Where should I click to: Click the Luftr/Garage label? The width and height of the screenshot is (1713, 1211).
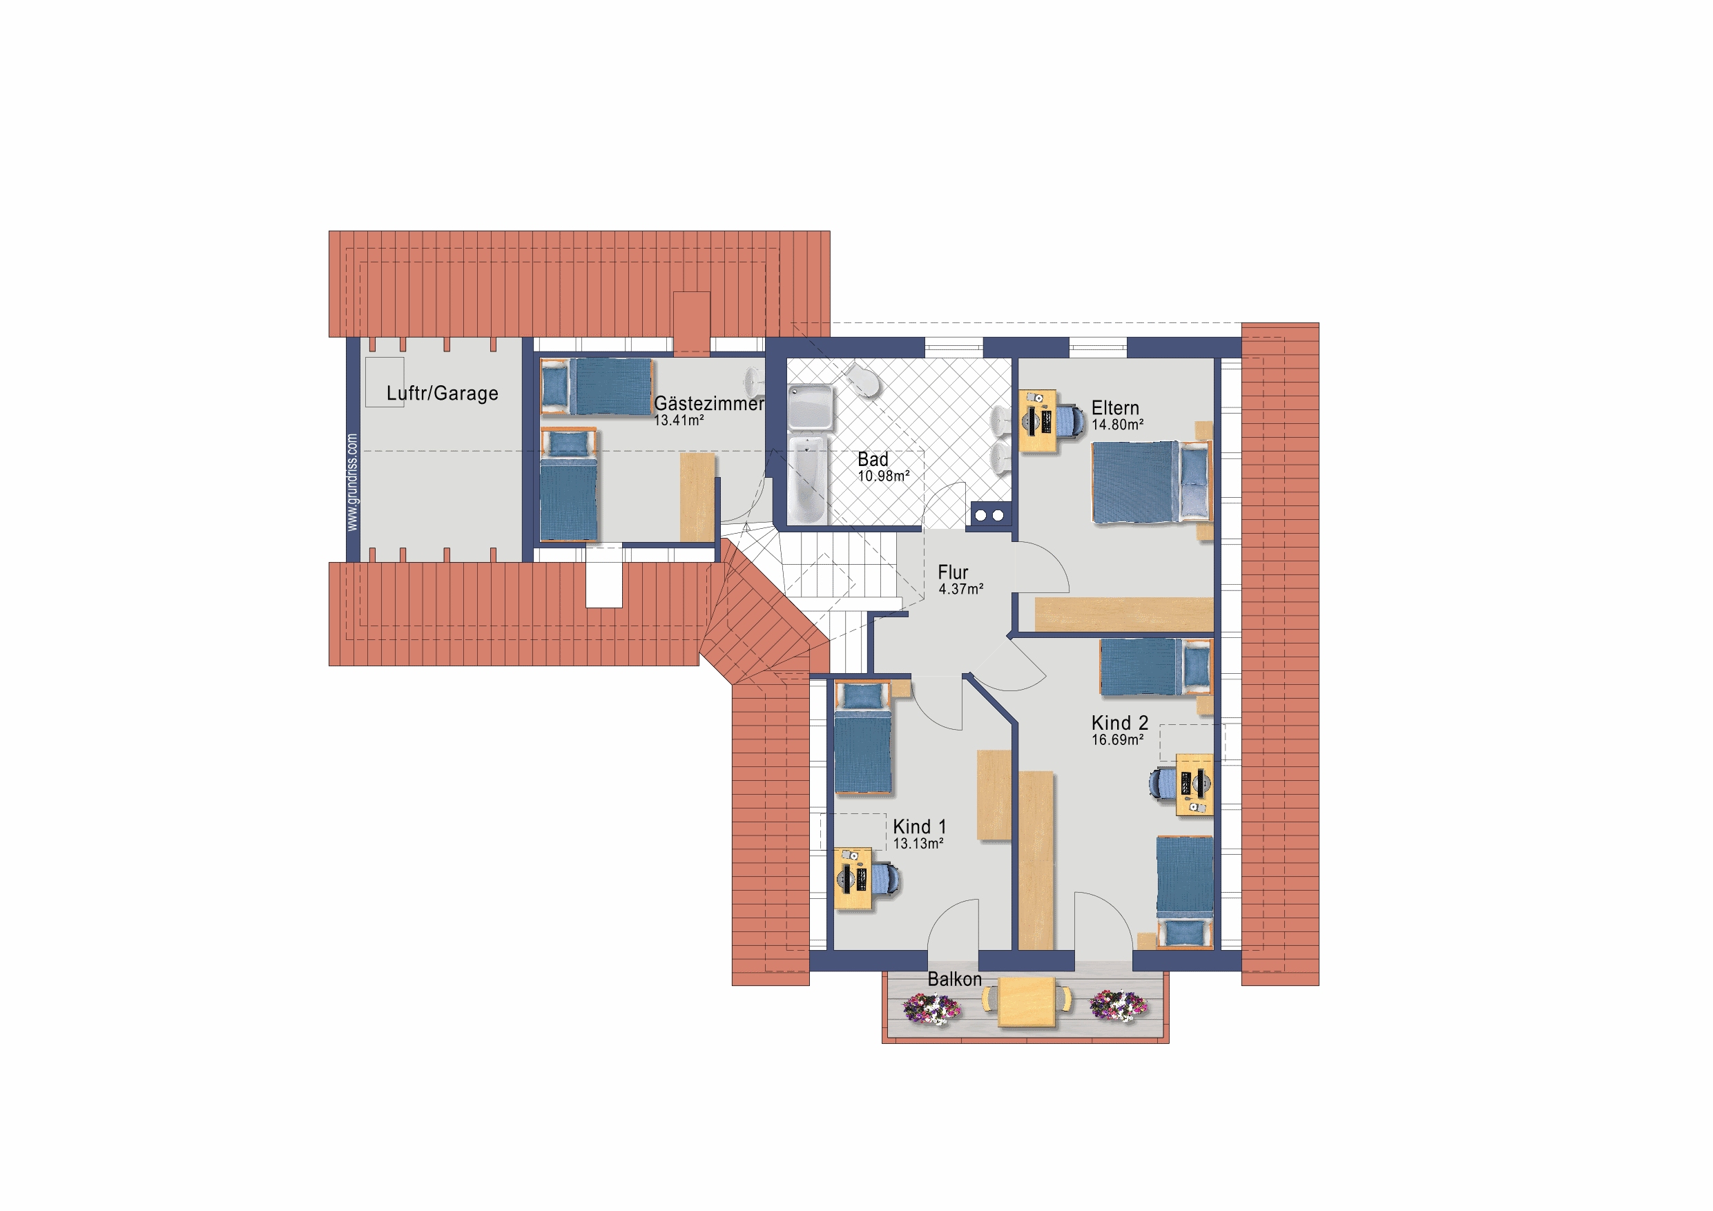click(442, 394)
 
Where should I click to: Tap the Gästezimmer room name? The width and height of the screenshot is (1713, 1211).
click(709, 404)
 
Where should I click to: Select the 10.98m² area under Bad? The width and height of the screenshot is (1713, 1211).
click(883, 476)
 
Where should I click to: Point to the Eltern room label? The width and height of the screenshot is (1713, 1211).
click(1115, 408)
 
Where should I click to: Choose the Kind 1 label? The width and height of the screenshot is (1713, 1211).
click(919, 826)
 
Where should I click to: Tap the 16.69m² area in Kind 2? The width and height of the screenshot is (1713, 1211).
click(1118, 740)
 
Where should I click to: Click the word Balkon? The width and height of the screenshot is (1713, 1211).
click(954, 979)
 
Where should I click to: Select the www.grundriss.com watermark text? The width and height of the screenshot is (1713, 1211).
click(352, 483)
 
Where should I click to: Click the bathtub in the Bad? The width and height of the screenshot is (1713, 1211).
click(806, 480)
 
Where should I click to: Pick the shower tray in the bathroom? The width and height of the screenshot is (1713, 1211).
click(811, 407)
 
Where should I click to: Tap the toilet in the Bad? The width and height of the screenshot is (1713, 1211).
click(864, 380)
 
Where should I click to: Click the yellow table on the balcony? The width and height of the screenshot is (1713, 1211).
click(1027, 1001)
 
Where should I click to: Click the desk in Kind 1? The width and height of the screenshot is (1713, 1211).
click(852, 879)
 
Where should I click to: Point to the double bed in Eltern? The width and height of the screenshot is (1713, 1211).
click(1152, 482)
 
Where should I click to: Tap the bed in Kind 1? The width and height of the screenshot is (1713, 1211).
click(863, 738)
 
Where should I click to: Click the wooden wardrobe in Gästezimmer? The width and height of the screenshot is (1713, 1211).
click(697, 498)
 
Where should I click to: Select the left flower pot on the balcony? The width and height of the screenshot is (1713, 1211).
click(932, 1008)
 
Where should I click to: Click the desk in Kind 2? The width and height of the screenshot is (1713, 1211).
click(1194, 785)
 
